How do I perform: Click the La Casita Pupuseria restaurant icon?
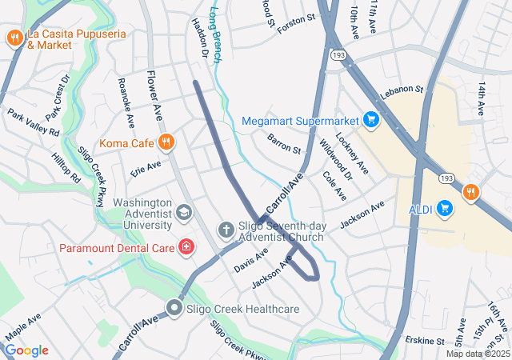(14, 38)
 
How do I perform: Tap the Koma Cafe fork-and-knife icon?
(166, 143)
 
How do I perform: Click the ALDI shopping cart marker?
(446, 210)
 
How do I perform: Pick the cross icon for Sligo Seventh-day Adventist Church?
(226, 230)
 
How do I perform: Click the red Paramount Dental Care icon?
(186, 247)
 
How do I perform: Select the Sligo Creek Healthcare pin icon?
(174, 308)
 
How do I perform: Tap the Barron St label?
(284, 144)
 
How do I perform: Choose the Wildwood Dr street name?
(336, 158)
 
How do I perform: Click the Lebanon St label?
(401, 93)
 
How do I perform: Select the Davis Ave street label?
(251, 260)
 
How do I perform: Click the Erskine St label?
(423, 341)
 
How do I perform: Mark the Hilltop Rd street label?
(66, 169)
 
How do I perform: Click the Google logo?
(26, 350)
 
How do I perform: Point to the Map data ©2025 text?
(477, 354)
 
